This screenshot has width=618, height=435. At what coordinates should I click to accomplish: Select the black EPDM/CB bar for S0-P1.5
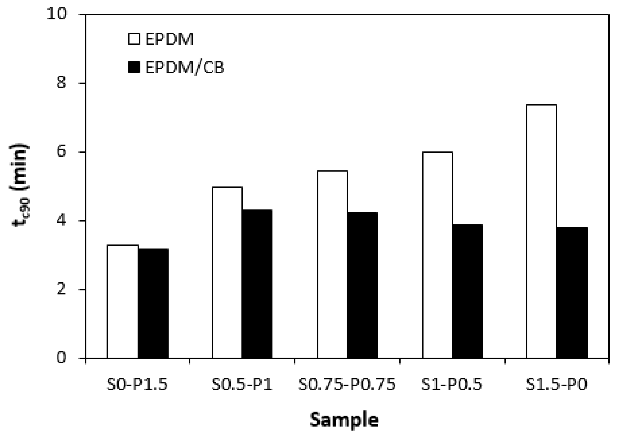[x=153, y=303]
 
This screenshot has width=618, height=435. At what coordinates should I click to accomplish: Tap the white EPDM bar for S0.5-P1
[x=227, y=272]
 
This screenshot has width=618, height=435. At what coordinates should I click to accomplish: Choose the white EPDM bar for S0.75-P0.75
[x=332, y=264]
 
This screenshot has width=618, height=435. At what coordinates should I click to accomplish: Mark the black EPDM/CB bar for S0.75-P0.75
[x=362, y=285]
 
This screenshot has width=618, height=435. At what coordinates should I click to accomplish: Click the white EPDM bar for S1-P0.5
[x=437, y=255]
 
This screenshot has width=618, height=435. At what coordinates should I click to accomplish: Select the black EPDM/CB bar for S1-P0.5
[x=467, y=291]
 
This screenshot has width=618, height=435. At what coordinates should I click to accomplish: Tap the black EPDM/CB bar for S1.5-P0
[x=572, y=293]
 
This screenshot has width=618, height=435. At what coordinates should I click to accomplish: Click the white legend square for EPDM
[x=134, y=39]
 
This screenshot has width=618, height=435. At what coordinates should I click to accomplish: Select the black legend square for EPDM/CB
[x=134, y=67]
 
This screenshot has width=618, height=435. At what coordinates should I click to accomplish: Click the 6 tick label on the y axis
[x=62, y=152]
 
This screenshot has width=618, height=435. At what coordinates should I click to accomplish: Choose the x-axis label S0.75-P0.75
[x=347, y=385]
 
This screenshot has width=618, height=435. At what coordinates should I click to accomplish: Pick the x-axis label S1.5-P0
[x=556, y=385]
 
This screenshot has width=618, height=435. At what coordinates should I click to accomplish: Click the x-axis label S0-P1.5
[x=137, y=385]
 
